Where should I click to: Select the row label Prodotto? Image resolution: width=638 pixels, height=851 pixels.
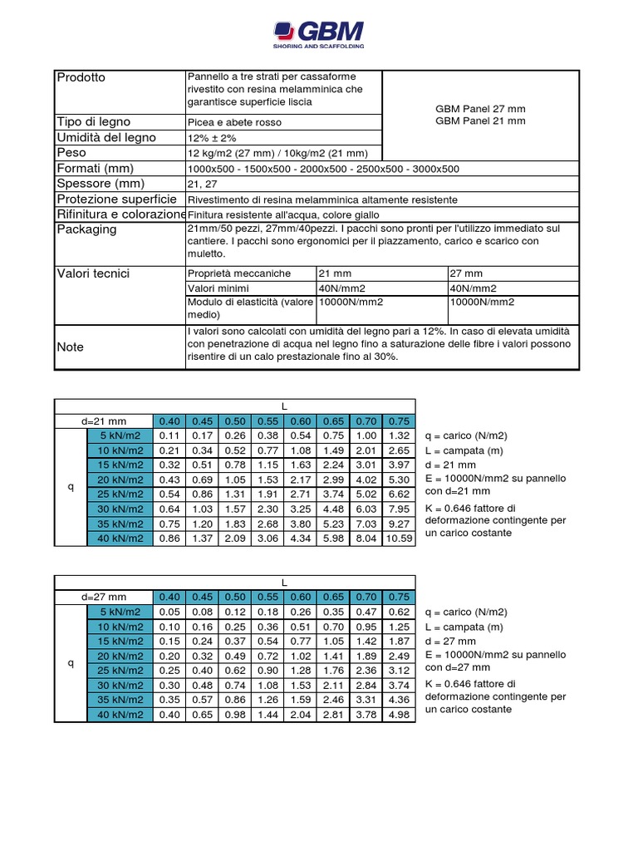coord(81,77)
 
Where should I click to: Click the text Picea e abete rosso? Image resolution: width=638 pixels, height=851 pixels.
coord(234,122)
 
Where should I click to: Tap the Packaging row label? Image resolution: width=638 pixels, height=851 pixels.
coord(86,229)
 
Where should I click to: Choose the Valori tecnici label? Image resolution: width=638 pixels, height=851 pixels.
coord(93,273)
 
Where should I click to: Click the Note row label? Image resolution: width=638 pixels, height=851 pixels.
coord(70,347)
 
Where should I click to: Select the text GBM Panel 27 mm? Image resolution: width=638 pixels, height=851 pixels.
coord(480,109)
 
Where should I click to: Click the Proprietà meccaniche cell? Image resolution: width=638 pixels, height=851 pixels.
coord(239,273)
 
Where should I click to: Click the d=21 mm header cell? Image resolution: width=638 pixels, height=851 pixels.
coord(104,421)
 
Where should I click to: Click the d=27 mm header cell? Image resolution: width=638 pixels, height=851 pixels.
coord(104,597)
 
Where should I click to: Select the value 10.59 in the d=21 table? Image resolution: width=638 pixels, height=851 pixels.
coord(399,539)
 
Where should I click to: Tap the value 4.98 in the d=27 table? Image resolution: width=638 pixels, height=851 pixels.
coord(399,715)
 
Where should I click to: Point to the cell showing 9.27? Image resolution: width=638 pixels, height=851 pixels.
coord(399,524)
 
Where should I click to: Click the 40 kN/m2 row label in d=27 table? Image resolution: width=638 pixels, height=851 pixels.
coord(120,715)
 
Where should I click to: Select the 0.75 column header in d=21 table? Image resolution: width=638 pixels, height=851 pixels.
coord(399,421)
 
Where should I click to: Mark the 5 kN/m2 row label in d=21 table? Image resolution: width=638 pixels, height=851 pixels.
coord(120,435)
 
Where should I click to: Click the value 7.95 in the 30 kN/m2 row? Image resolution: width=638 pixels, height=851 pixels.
coord(399,509)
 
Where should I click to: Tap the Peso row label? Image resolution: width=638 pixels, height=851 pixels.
coord(71,153)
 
